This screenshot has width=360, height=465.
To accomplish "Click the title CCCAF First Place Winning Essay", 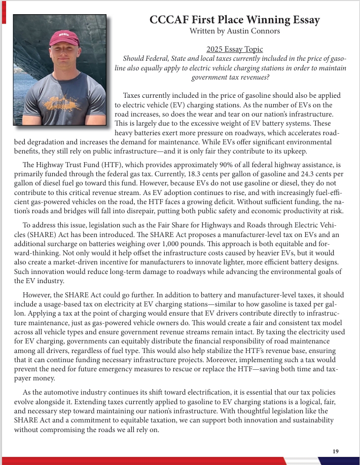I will click(x=235, y=20).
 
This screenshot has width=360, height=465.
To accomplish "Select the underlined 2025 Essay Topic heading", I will click(x=235, y=49).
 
